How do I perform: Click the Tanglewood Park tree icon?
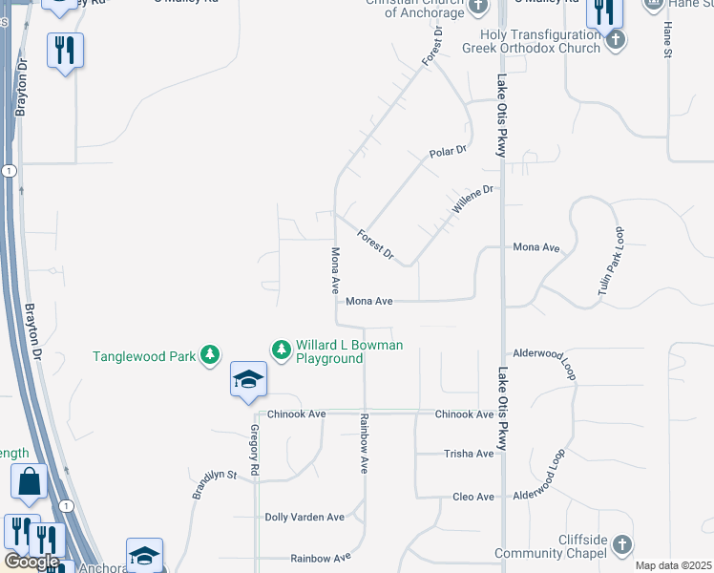tap(210, 356)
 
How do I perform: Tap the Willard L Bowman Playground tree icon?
tap(282, 350)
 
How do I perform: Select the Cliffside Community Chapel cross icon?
tap(621, 544)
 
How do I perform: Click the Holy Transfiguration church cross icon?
tap(616, 39)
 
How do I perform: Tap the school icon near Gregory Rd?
tap(248, 380)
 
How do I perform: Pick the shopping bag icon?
tap(29, 483)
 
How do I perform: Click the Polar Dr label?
tap(448, 151)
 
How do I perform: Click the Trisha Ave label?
tap(470, 454)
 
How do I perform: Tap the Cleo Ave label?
tap(473, 498)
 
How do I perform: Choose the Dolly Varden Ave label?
tap(304, 518)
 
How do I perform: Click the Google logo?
tap(31, 562)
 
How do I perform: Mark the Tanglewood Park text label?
tap(143, 357)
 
